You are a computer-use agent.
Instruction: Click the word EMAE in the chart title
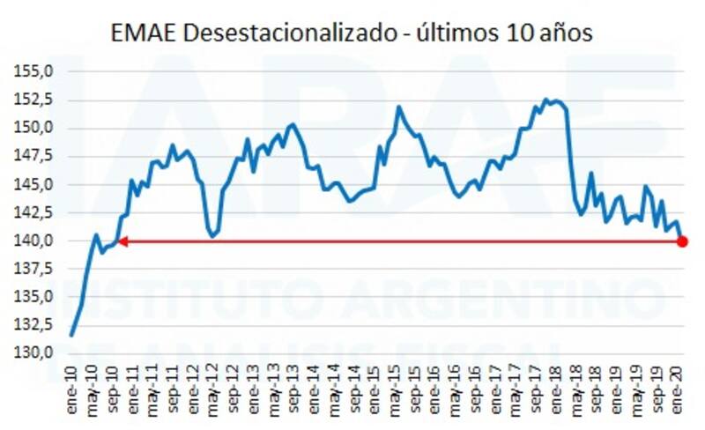[142, 33]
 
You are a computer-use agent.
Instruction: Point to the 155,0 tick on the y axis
[40, 71]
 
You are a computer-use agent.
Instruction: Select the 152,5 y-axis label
[40, 100]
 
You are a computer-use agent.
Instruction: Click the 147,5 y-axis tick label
[40, 156]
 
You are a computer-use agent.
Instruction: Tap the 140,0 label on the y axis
[40, 241]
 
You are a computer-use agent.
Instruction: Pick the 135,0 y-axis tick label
[40, 297]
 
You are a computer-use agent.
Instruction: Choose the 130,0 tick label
[40, 353]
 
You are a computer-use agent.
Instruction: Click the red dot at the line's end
[683, 241]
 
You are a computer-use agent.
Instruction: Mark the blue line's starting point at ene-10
[71, 335]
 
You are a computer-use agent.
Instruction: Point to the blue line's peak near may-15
[398, 107]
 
